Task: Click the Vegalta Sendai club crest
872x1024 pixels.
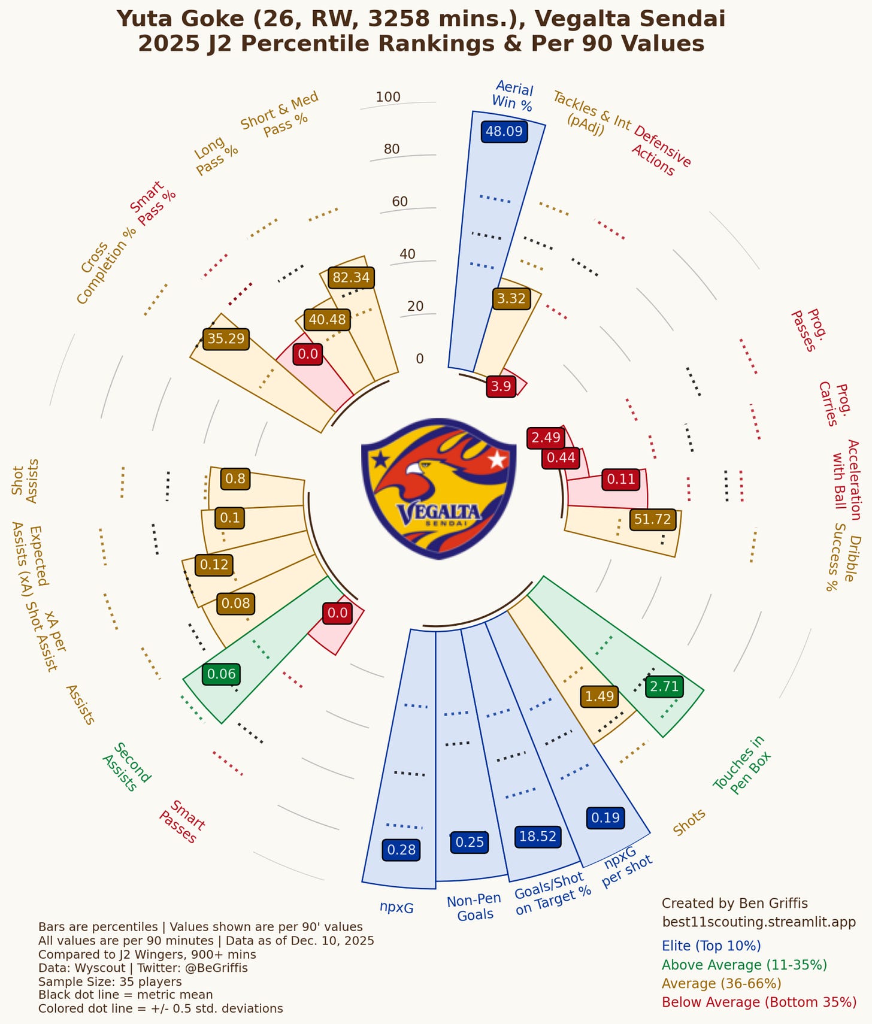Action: tap(439, 489)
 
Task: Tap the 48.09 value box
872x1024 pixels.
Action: tap(504, 131)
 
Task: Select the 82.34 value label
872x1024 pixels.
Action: tap(351, 277)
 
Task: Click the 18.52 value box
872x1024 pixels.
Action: tap(538, 836)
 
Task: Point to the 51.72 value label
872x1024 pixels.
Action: tap(652, 519)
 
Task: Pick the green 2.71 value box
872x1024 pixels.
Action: tap(664, 686)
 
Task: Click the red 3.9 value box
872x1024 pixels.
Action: tap(501, 386)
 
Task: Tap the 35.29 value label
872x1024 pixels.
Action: tap(226, 339)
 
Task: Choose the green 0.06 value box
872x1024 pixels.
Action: tap(222, 674)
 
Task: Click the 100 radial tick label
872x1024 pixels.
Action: tap(388, 97)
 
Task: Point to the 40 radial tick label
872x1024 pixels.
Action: tap(407, 254)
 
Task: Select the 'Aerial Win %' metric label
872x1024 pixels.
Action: tap(513, 96)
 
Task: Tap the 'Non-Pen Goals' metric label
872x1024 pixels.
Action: tap(474, 907)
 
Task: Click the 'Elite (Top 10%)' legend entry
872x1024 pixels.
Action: tap(711, 946)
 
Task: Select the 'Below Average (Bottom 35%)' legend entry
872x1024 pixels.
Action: tap(759, 1002)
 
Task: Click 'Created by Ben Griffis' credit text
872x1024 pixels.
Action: tap(734, 903)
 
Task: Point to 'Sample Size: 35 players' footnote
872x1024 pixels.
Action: tap(110, 981)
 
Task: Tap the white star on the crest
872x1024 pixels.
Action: tap(496, 460)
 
